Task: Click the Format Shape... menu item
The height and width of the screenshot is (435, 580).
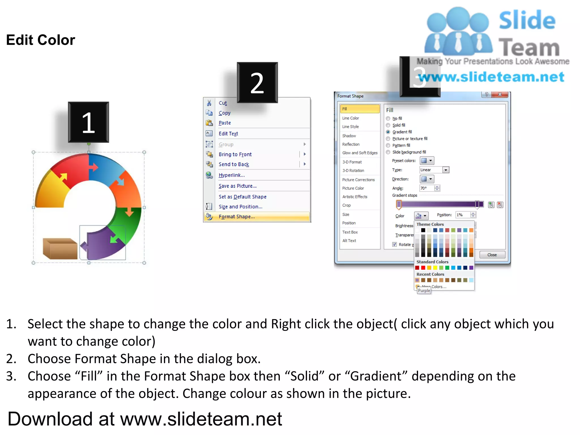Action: coord(236,217)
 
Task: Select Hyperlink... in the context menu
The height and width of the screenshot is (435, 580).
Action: coord(231,175)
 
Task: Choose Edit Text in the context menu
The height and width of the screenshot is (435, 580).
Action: coord(228,134)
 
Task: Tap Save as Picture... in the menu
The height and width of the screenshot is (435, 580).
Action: coord(237,186)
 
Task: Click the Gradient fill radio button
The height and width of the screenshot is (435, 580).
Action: coord(388,132)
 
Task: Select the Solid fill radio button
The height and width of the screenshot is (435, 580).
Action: coord(388,125)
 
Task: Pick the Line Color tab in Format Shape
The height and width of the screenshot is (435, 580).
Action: coord(350,118)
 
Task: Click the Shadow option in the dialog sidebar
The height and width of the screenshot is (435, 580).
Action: coord(349,136)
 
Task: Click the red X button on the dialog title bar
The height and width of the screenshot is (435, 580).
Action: coord(500,95)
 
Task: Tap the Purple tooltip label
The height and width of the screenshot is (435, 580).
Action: coord(424,291)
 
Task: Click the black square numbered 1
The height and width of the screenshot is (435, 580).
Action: coord(88,122)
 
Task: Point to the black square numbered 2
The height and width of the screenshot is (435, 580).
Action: coord(257,82)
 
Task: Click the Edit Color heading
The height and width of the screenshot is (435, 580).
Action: coord(40,40)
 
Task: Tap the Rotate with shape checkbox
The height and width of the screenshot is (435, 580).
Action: coord(395,244)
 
